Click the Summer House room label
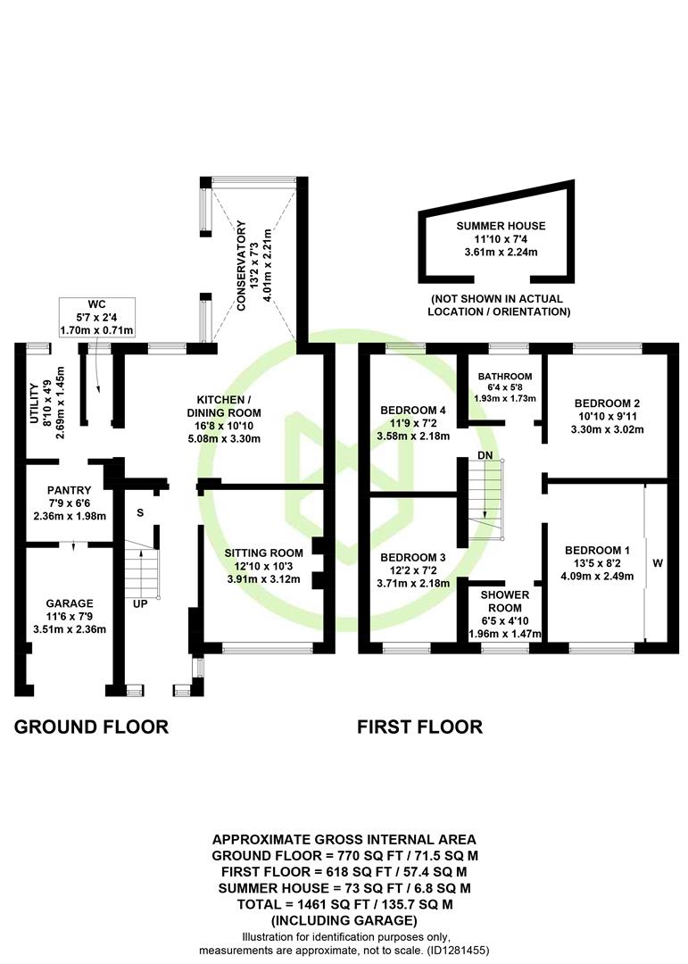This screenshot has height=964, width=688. pos(501,226)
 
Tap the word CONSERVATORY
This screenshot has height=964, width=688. pos(241,266)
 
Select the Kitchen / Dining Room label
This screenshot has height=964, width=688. pos(224,406)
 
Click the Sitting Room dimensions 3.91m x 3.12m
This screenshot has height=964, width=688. pos(264,579)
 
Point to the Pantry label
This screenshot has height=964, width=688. pos(69,490)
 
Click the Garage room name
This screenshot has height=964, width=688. pos(70,603)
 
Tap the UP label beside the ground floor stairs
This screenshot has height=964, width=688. pos(140,603)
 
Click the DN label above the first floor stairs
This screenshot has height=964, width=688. pos(485,455)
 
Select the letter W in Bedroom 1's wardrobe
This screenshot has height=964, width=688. pos(658,562)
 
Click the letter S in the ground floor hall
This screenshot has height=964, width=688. pos(140,512)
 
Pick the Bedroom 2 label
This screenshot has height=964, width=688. pos(607,403)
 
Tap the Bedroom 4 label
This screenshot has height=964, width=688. pos(413,410)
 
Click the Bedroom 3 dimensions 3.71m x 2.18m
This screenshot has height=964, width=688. pos(413,583)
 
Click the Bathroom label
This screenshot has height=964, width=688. pos(505,377)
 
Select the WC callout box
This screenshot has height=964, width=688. pos(97,317)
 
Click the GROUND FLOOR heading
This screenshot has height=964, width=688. pos(91,727)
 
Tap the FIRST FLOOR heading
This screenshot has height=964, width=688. pos(420,727)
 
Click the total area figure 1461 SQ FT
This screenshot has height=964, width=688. pos(322,904)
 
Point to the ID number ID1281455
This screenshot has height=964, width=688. pos(456,951)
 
